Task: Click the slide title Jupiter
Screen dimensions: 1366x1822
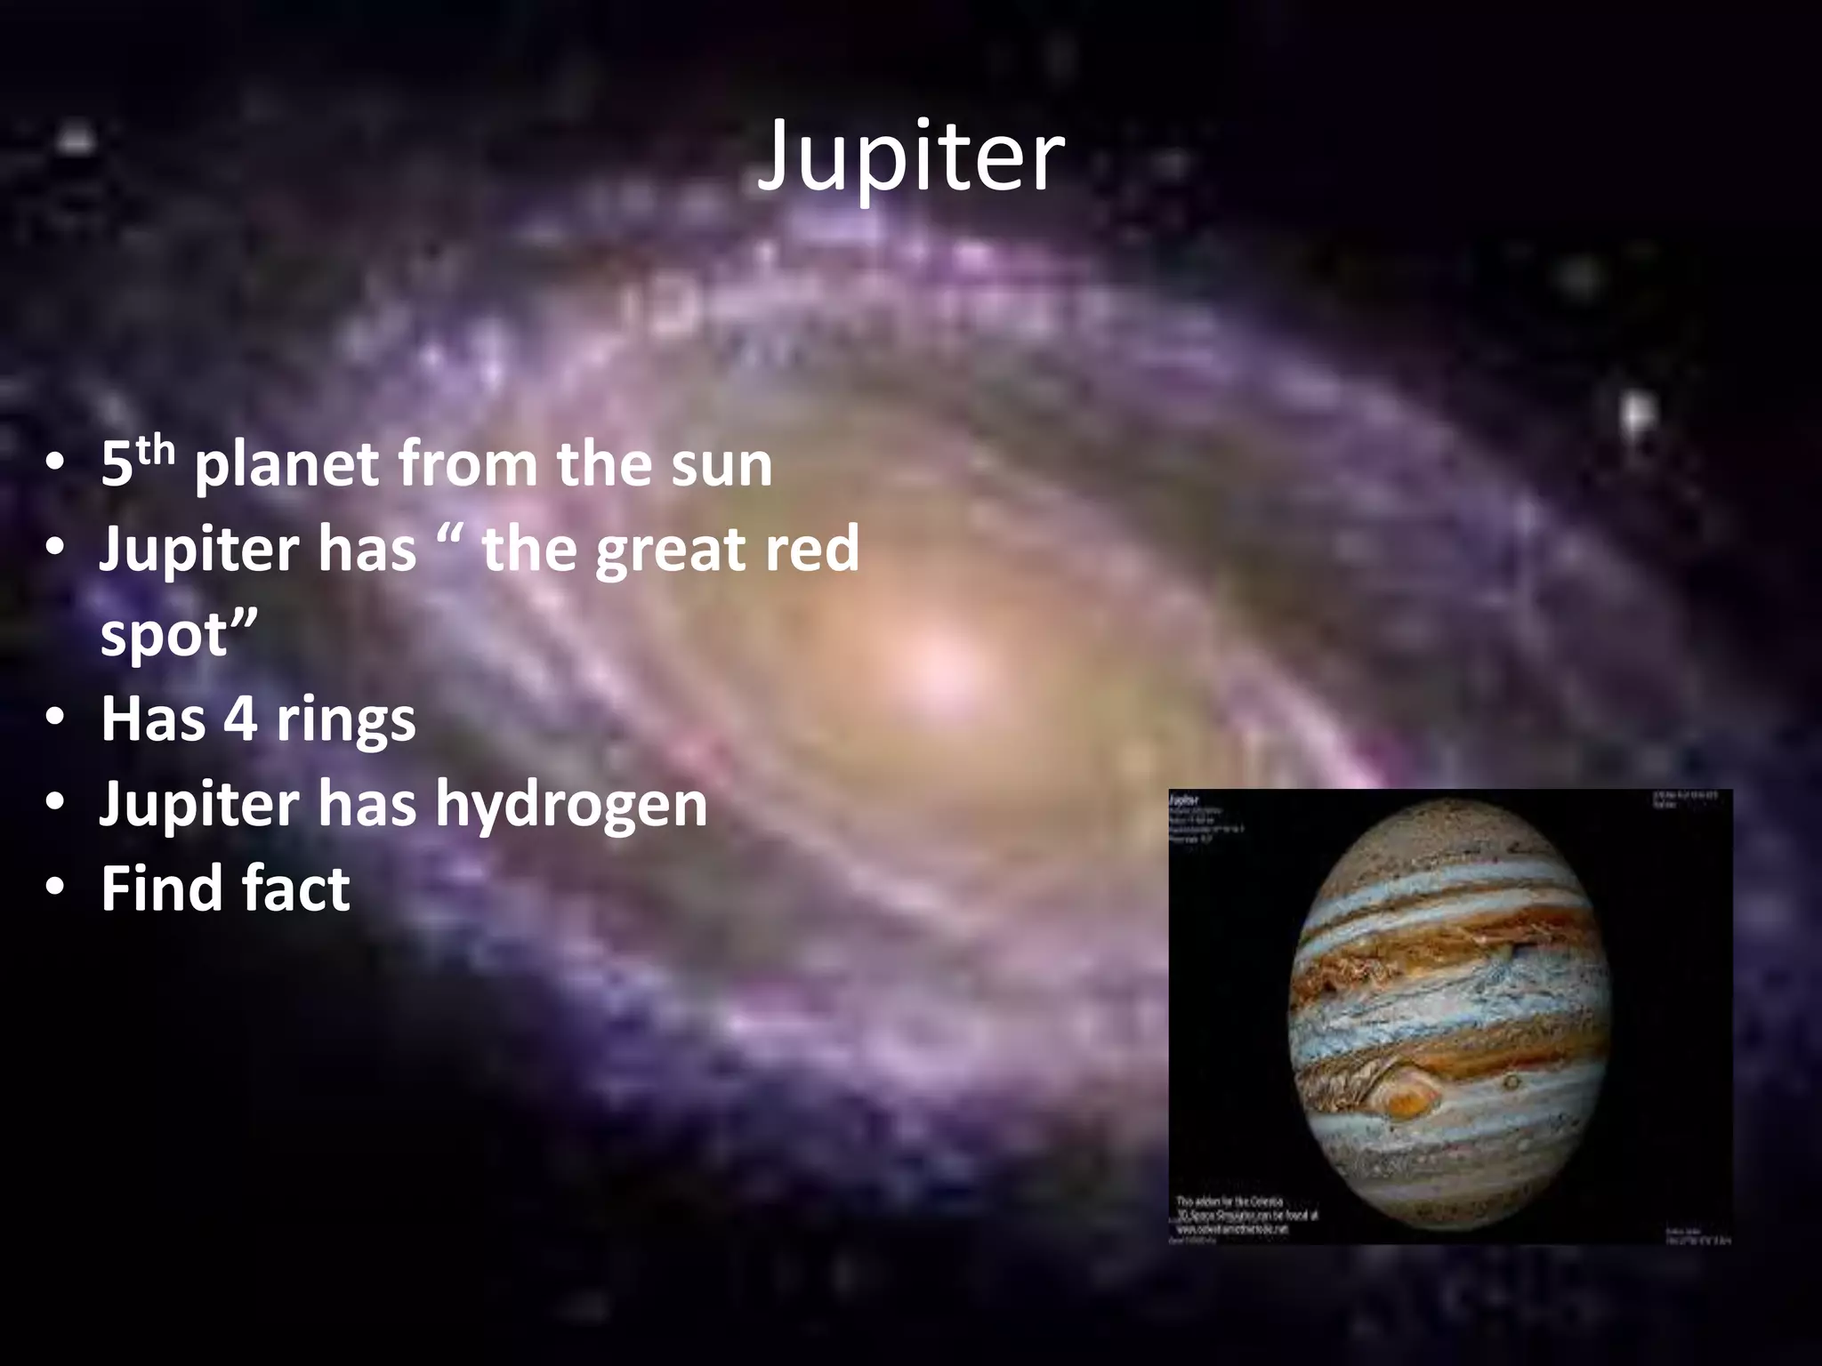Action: tap(909, 158)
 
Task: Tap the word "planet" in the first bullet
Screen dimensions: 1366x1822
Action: tap(284, 466)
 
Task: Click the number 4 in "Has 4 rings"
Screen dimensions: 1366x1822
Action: tap(239, 719)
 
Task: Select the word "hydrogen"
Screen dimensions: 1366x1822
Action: tap(571, 806)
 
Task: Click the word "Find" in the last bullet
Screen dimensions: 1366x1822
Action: tap(154, 888)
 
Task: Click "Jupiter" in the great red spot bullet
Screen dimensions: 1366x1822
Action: tap(198, 550)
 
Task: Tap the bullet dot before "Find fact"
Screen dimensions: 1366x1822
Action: tap(55, 889)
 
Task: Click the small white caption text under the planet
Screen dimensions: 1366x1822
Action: tap(1246, 1214)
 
